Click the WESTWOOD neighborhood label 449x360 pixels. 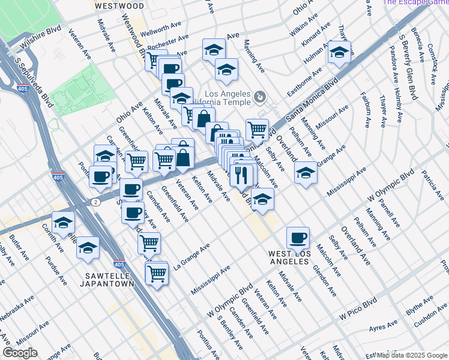tap(119, 5)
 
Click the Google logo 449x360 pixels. tap(20, 353)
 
